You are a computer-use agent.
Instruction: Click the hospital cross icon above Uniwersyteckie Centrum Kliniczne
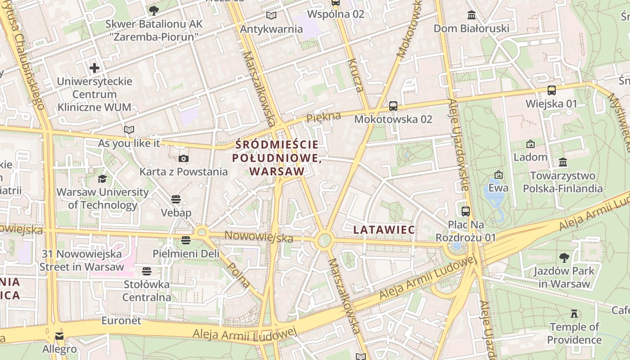(94, 68)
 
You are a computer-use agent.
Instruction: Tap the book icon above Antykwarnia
(271, 16)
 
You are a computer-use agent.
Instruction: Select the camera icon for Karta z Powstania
(184, 158)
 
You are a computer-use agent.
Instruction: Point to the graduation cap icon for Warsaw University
(103, 179)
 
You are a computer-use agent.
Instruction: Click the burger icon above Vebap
(176, 199)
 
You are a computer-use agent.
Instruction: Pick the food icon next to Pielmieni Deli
(186, 240)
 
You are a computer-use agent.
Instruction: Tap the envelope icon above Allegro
(59, 336)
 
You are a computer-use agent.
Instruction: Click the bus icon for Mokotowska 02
(393, 106)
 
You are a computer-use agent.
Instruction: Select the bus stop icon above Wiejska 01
(552, 90)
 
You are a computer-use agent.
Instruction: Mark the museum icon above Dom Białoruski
(472, 15)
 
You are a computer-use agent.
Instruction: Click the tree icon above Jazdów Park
(564, 258)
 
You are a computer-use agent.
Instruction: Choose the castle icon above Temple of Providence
(574, 313)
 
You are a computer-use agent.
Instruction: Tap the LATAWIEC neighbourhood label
(384, 230)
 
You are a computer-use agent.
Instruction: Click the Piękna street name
(323, 117)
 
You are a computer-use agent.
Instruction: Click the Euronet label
(121, 321)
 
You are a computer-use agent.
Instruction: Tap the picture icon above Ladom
(531, 144)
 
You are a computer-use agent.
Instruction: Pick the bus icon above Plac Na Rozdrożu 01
(466, 211)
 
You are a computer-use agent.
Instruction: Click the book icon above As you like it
(129, 130)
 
